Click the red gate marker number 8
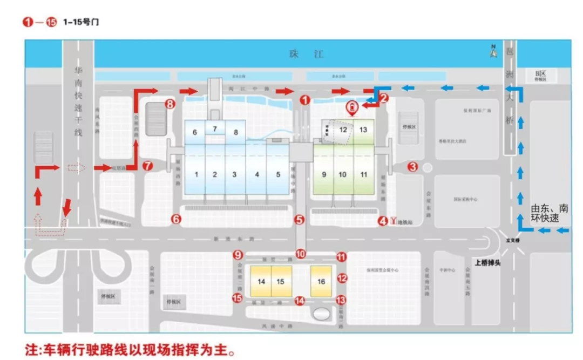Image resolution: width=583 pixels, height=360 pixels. [170, 104]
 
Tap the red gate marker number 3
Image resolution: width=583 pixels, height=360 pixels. [412, 167]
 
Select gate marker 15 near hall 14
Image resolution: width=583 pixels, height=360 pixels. [236, 298]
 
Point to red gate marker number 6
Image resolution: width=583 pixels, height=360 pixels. [176, 219]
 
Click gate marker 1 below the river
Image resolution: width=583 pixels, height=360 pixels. [305, 100]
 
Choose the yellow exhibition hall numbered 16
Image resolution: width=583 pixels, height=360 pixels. [321, 281]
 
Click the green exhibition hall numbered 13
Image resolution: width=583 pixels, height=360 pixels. [363, 130]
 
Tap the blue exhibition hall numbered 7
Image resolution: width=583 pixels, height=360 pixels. [214, 128]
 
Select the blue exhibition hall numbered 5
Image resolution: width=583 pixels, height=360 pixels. [278, 174]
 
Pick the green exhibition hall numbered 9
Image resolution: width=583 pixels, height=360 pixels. [323, 174]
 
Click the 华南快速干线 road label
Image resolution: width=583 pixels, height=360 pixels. [78, 108]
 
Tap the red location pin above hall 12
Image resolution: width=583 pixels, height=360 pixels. [352, 108]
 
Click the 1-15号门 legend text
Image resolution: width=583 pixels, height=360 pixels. [81, 22]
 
